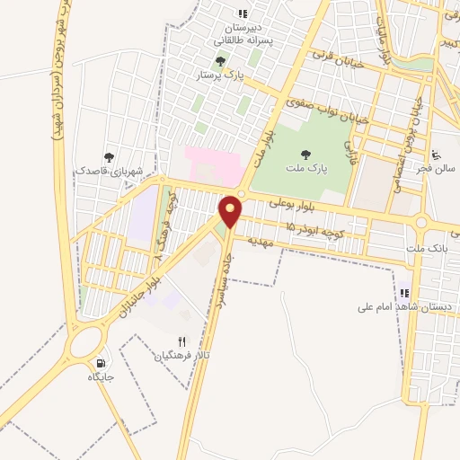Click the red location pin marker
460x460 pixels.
(x=232, y=211)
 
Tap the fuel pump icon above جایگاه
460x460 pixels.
(x=100, y=364)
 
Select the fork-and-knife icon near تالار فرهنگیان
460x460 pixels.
(x=181, y=341)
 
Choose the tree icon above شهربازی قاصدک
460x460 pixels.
(x=110, y=157)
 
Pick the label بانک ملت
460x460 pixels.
(x=426, y=247)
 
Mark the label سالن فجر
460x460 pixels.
(x=438, y=167)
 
